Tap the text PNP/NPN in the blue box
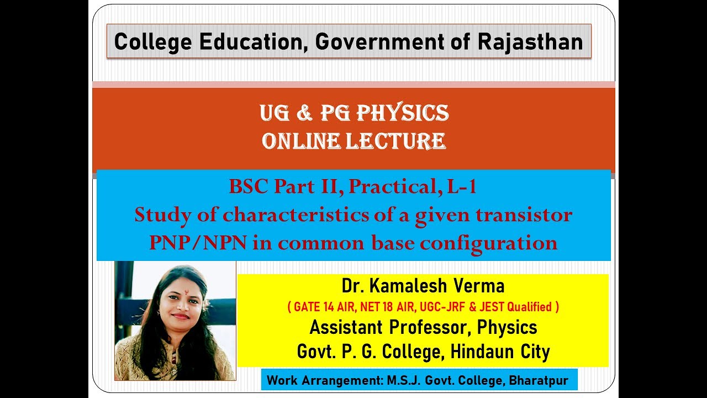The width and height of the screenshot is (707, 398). click(198, 243)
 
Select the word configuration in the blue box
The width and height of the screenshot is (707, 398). click(497, 243)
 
